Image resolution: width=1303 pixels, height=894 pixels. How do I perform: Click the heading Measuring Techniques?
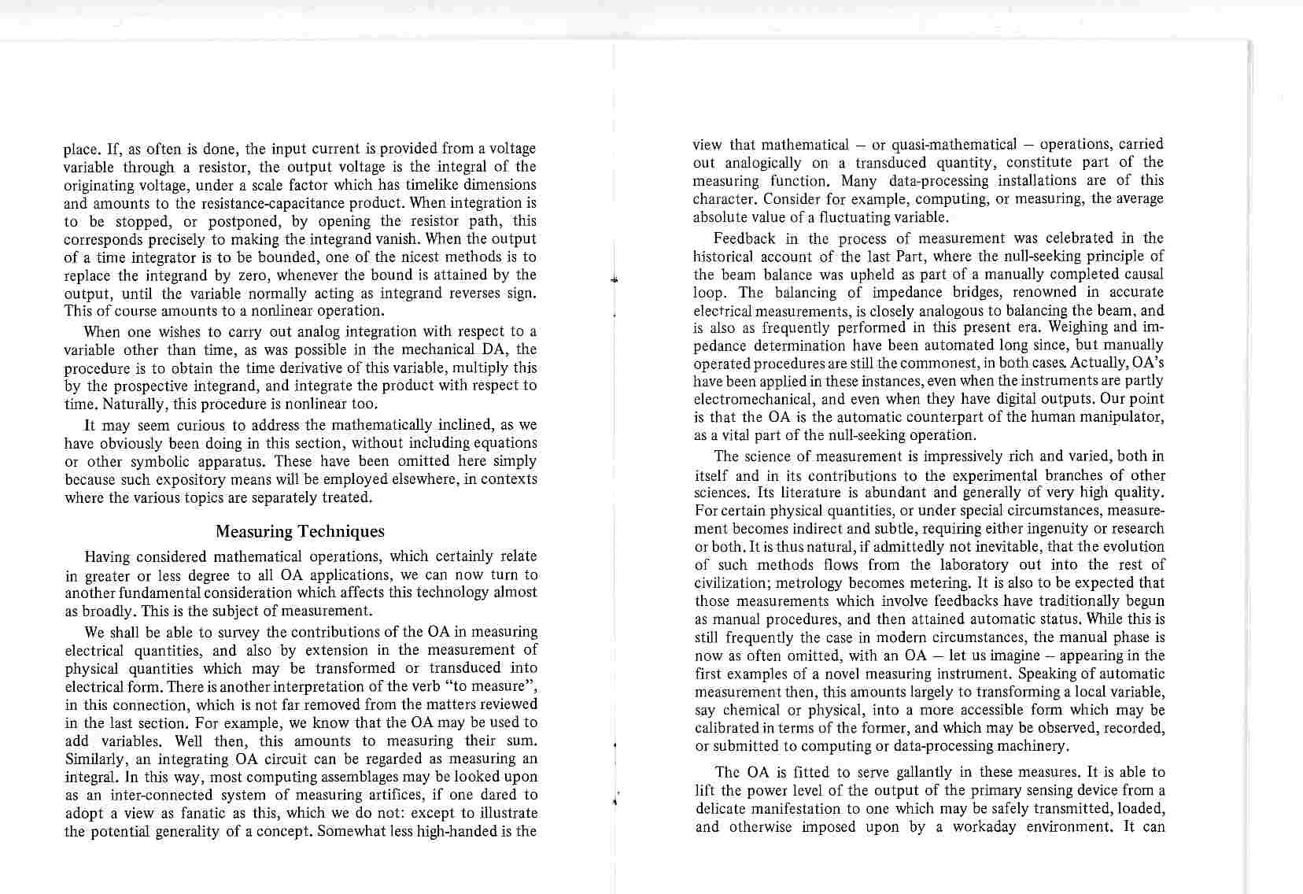pos(300,532)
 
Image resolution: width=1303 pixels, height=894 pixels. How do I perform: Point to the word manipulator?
pos(1119,416)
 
